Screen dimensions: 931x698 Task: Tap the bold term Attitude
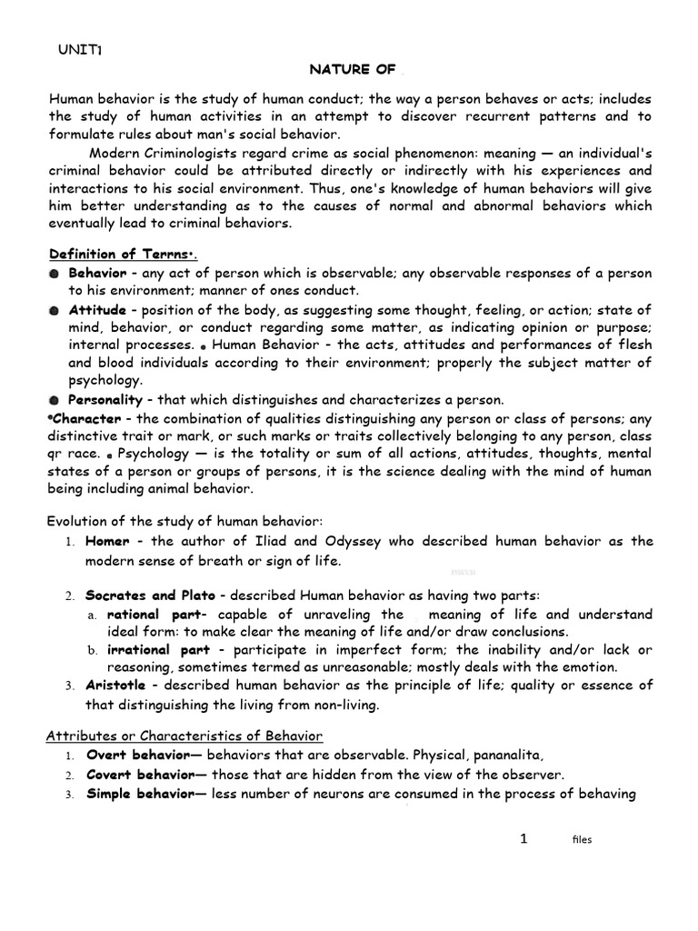coord(97,310)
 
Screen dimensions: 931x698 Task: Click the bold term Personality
coord(105,399)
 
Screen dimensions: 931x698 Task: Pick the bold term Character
coord(86,418)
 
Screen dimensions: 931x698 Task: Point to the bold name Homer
coord(107,541)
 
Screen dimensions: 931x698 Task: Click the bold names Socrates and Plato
coord(150,595)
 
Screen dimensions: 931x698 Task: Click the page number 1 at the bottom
coord(523,839)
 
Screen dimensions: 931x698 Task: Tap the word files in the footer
coord(582,840)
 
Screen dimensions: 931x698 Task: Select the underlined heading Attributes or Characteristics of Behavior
coord(184,735)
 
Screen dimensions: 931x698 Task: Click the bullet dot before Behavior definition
coord(55,273)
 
